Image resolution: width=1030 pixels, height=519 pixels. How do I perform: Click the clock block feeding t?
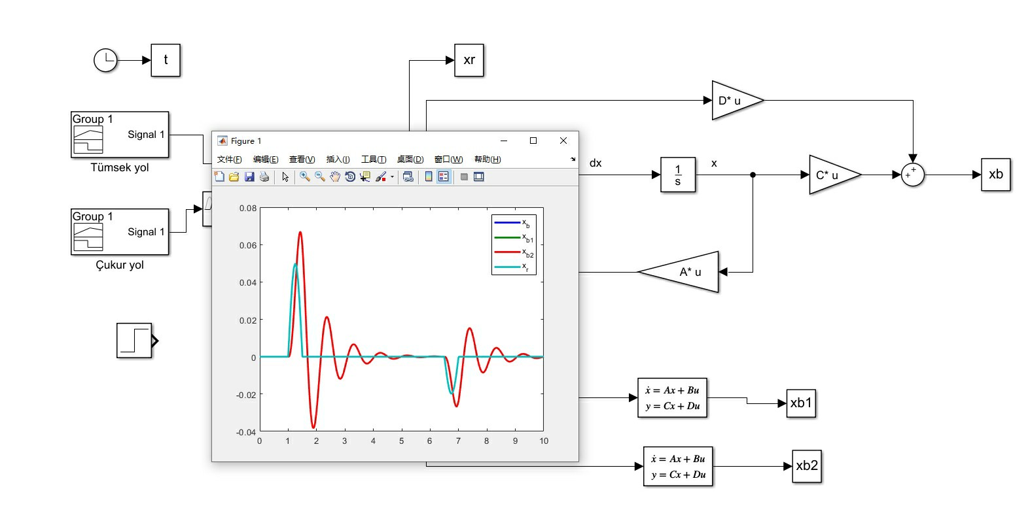click(x=105, y=60)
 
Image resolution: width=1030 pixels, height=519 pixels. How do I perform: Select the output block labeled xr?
click(x=469, y=60)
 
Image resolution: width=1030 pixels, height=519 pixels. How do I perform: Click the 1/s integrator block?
click(x=678, y=175)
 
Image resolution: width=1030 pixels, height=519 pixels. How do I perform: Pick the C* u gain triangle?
click(x=834, y=175)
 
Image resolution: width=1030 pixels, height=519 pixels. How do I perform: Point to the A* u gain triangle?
click(x=679, y=272)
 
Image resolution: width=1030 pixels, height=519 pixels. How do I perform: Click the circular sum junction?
click(x=912, y=175)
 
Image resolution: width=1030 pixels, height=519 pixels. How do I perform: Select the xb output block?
click(x=995, y=175)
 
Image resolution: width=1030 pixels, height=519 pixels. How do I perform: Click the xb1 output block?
click(x=801, y=403)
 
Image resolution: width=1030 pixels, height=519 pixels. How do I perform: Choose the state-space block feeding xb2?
click(x=678, y=466)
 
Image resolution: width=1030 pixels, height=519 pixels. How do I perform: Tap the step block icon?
click(x=135, y=341)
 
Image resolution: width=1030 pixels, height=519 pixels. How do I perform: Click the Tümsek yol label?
click(x=120, y=167)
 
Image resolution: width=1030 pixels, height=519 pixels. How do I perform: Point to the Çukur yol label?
click(x=120, y=265)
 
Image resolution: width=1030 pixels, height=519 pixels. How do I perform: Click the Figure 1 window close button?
click(x=563, y=141)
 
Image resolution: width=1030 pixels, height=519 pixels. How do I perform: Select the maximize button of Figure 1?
click(x=533, y=141)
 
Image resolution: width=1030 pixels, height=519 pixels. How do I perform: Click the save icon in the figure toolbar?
click(x=249, y=177)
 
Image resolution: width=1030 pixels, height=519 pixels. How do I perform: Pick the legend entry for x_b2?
click(x=514, y=252)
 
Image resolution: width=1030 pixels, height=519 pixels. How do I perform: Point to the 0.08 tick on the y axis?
click(x=248, y=208)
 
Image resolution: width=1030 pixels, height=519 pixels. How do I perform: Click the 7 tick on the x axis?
click(x=458, y=441)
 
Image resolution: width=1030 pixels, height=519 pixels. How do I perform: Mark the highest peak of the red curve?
click(x=300, y=232)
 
